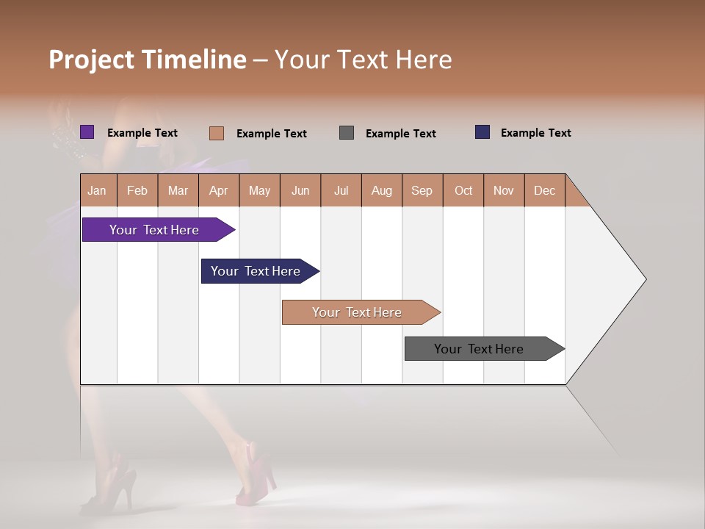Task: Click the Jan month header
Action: tap(98, 190)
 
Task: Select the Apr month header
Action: tap(218, 190)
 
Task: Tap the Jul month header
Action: tap(341, 190)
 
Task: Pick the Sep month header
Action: tap(422, 190)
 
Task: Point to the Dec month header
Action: tap(544, 190)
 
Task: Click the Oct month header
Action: tap(463, 190)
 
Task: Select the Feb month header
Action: tap(137, 190)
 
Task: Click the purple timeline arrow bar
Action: tap(155, 230)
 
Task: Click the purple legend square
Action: tap(87, 132)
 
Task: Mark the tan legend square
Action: tap(216, 133)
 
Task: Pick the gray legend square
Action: tap(347, 133)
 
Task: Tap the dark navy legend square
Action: tap(482, 132)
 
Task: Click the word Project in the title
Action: tap(92, 60)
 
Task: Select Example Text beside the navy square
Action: tap(535, 133)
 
